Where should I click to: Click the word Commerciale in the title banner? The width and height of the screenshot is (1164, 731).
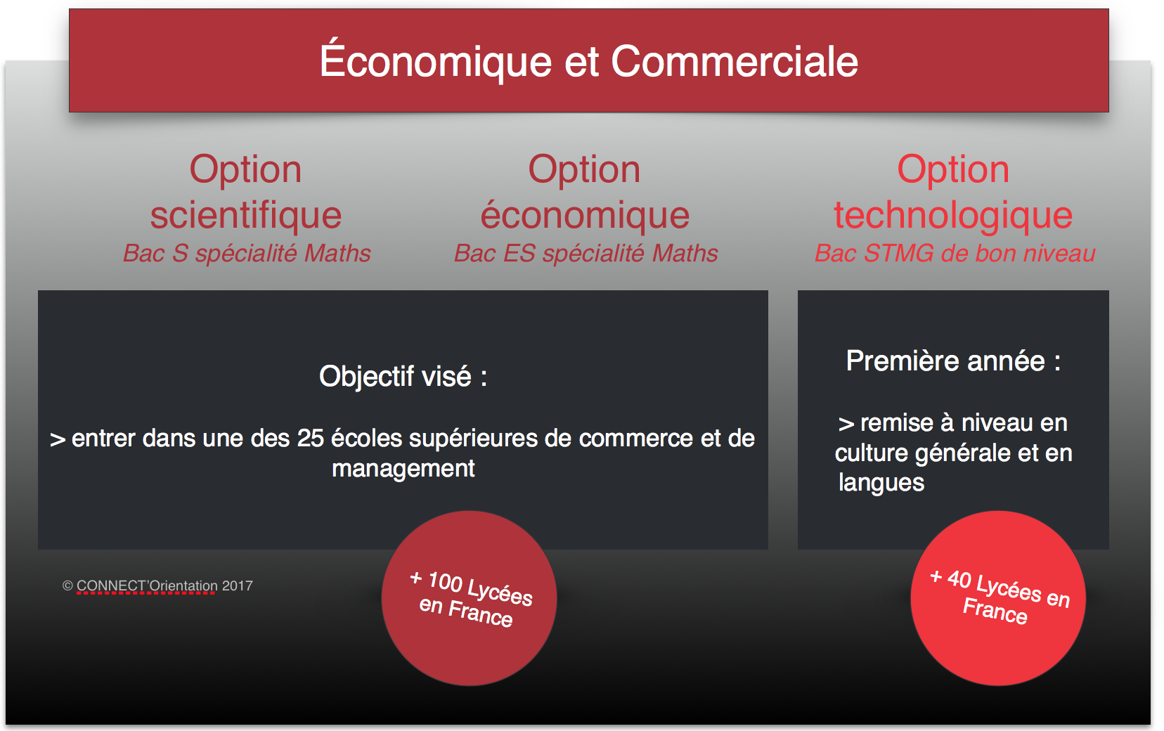tap(735, 62)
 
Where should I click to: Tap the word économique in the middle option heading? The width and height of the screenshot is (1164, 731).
tap(585, 214)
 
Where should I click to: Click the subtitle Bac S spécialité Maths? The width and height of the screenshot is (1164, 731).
tap(247, 254)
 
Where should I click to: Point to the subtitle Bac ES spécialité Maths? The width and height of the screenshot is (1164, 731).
tap(586, 254)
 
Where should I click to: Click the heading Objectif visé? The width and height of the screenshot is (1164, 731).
tap(403, 376)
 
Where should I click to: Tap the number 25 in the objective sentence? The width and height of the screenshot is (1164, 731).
tap(311, 438)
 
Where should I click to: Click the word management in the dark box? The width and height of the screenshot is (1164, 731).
tap(403, 469)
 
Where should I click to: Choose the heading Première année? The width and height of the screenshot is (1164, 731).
tap(953, 361)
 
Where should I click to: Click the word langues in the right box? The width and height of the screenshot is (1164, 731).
tap(881, 483)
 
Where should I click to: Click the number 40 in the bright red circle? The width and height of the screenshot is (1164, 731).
tap(959, 578)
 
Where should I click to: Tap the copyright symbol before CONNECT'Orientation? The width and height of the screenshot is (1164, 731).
tap(67, 586)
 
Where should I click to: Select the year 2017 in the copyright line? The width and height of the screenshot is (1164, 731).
tap(238, 586)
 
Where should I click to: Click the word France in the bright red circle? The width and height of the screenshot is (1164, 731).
tap(995, 611)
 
